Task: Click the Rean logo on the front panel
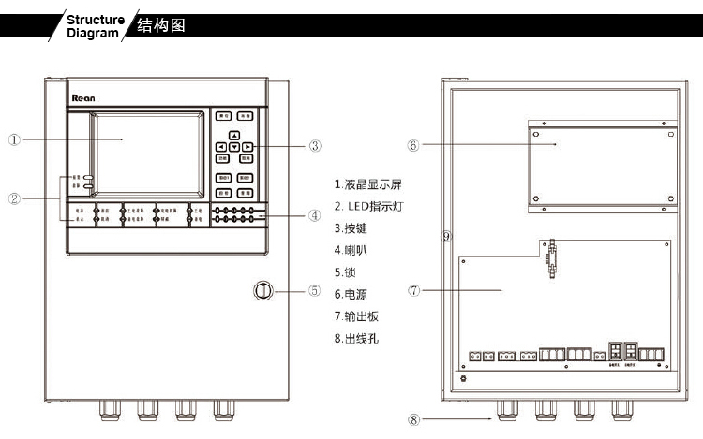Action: pyautogui.click(x=83, y=95)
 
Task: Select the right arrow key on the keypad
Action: pyautogui.click(x=246, y=147)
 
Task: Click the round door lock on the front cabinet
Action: pyautogui.click(x=263, y=291)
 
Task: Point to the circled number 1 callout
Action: pyautogui.click(x=15, y=140)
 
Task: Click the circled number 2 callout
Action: pyautogui.click(x=15, y=198)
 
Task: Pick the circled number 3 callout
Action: pyautogui.click(x=315, y=146)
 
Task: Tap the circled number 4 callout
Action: pyautogui.click(x=315, y=214)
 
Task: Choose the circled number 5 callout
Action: pyautogui.click(x=315, y=290)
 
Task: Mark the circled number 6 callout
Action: pyautogui.click(x=413, y=145)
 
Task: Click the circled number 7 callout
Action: pyautogui.click(x=413, y=290)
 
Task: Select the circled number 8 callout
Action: pyautogui.click(x=413, y=420)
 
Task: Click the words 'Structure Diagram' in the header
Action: pyautogui.click(x=95, y=25)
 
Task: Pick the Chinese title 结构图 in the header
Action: pyautogui.click(x=160, y=25)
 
